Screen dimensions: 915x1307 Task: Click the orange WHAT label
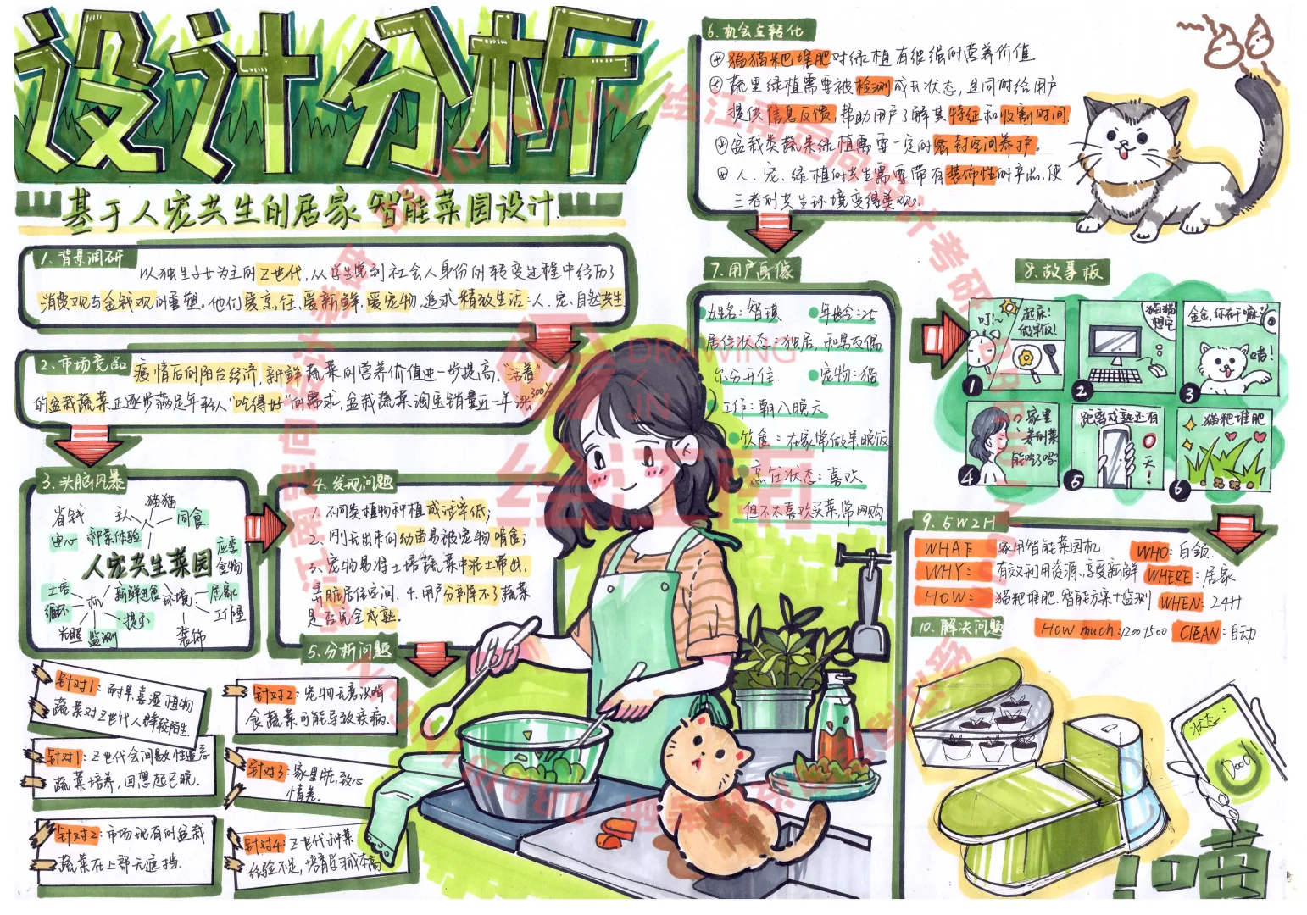point(949,548)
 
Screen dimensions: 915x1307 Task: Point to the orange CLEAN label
point(1199,632)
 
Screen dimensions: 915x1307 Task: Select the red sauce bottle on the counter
point(836,724)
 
